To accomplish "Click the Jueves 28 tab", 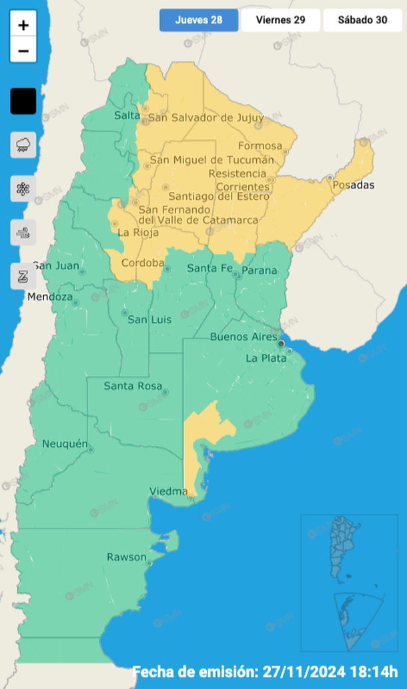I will (x=198, y=20).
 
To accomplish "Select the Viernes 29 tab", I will (x=280, y=20).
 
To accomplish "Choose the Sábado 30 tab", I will (x=362, y=20).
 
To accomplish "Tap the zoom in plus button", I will (x=23, y=26).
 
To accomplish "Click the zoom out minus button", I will (x=23, y=51).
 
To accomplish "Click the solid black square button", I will (x=23, y=101).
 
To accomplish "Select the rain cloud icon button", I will (x=23, y=145).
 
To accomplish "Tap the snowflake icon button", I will (x=23, y=189).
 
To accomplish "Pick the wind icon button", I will (x=23, y=233).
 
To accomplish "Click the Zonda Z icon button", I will (x=23, y=276).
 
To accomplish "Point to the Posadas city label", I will (x=354, y=185).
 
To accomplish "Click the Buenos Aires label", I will (x=243, y=337).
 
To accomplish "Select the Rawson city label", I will (x=126, y=557).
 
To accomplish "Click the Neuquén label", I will (x=65, y=444).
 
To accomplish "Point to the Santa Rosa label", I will (x=131, y=386).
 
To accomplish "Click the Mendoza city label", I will (x=50, y=297).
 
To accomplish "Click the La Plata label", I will (x=266, y=358).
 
